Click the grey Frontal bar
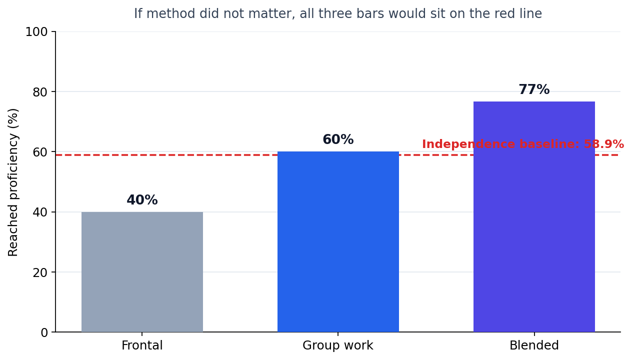pyautogui.click(x=142, y=272)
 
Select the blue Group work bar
pyautogui.click(x=338, y=242)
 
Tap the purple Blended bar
pyautogui.click(x=534, y=216)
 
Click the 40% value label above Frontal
pyautogui.click(x=142, y=200)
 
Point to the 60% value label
pyautogui.click(x=338, y=139)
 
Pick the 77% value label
pyautogui.click(x=534, y=89)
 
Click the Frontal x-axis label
pyautogui.click(x=142, y=345)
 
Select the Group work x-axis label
pyautogui.click(x=338, y=345)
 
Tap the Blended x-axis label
pyautogui.click(x=534, y=345)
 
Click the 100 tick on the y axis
pyautogui.click(x=36, y=32)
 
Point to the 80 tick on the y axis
pyautogui.click(x=40, y=92)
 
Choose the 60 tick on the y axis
pyautogui.click(x=40, y=152)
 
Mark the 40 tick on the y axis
pyautogui.click(x=40, y=212)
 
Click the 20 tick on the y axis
pyautogui.click(x=40, y=272)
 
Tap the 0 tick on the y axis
pyautogui.click(x=44, y=332)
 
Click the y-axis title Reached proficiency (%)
pyautogui.click(x=13, y=182)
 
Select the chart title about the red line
pyautogui.click(x=338, y=13)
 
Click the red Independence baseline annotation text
pyautogui.click(x=523, y=144)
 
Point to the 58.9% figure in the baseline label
pyautogui.click(x=604, y=144)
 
